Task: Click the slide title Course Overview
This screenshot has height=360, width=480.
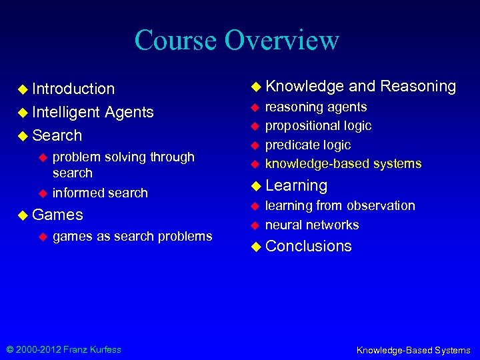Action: click(x=237, y=40)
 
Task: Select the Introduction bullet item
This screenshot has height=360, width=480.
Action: click(x=73, y=89)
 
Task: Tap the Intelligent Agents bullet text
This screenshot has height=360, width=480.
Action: click(x=93, y=112)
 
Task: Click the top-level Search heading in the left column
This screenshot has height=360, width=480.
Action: click(x=57, y=135)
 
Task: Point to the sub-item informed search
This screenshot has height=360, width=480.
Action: click(x=100, y=193)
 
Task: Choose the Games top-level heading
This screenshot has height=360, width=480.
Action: click(x=57, y=215)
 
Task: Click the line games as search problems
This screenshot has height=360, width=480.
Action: click(x=132, y=236)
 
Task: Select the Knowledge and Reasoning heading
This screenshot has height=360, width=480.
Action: click(x=360, y=86)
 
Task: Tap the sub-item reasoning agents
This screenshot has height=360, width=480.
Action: click(x=316, y=107)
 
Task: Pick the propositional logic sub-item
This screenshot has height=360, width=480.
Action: click(x=318, y=125)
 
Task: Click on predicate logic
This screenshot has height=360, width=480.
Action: click(x=307, y=145)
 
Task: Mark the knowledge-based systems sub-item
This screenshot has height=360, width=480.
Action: click(x=343, y=163)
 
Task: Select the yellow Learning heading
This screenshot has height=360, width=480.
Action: click(x=296, y=185)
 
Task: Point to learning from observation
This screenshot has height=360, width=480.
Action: click(x=340, y=205)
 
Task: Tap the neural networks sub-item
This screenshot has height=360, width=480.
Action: click(x=312, y=225)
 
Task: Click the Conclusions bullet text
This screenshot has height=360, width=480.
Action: click(x=308, y=246)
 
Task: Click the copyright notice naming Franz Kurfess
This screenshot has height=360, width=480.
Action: click(x=64, y=349)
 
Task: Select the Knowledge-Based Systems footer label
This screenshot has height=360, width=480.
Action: click(x=413, y=350)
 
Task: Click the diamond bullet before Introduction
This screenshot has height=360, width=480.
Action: click(x=23, y=89)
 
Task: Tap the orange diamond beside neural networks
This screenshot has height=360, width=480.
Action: click(x=255, y=225)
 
